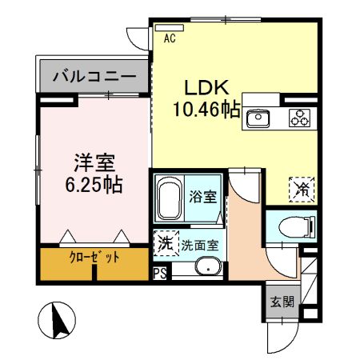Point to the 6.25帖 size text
tap(94, 185)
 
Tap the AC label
tap(170, 37)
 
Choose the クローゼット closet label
tap(94, 258)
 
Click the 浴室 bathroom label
tap(201, 194)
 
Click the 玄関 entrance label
tap(281, 301)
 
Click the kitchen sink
tap(260, 118)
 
